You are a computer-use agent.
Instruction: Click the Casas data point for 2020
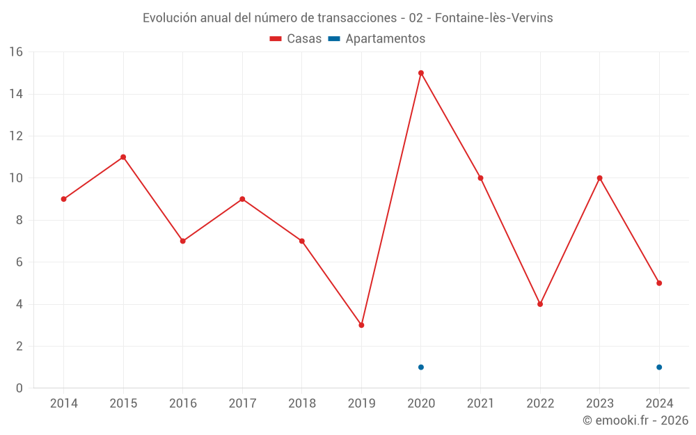tap(421, 73)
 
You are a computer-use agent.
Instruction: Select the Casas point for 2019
tap(361, 325)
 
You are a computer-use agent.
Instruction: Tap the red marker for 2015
tap(123, 157)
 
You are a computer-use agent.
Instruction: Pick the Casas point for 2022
tap(540, 304)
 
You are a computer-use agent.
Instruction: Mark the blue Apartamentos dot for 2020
tap(421, 367)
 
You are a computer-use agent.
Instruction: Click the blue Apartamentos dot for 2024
tap(659, 367)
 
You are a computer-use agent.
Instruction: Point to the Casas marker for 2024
tap(659, 283)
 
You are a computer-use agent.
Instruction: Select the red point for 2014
tap(63, 199)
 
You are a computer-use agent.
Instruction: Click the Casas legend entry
tap(296, 39)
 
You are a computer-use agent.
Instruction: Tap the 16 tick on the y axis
tap(15, 52)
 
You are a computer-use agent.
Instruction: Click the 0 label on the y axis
tap(19, 388)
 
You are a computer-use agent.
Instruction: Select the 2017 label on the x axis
tap(242, 404)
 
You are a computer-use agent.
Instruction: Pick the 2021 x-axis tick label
tap(480, 404)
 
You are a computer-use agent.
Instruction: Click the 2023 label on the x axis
tap(599, 404)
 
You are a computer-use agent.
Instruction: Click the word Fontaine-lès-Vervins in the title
tap(493, 18)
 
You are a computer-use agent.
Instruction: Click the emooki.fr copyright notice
tap(635, 420)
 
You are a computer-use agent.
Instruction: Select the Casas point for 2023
tap(599, 178)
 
